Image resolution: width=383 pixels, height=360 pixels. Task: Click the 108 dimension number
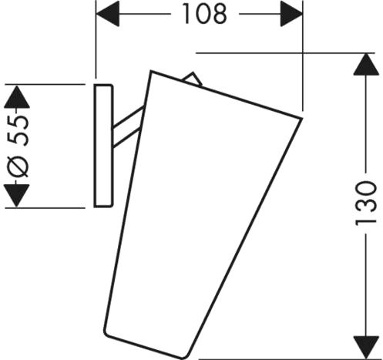click(205, 14)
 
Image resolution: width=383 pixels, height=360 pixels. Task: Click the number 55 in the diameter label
click(18, 131)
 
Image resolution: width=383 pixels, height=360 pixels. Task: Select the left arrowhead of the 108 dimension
click(107, 14)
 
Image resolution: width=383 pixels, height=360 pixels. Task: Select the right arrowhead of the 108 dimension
click(291, 14)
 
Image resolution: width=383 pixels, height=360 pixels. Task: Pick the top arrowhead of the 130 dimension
click(366, 64)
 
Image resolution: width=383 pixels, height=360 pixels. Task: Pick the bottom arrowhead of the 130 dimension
click(366, 348)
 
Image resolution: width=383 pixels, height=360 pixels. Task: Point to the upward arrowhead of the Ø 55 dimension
click(17, 97)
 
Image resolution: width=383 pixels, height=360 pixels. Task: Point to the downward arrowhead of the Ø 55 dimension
click(17, 195)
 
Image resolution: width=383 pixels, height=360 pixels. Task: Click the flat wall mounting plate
click(103, 146)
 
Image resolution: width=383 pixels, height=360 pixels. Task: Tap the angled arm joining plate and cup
click(128, 127)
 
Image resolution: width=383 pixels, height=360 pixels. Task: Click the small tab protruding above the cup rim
click(193, 79)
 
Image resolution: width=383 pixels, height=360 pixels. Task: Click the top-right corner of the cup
click(301, 119)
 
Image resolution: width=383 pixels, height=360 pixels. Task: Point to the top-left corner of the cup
click(151, 71)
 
